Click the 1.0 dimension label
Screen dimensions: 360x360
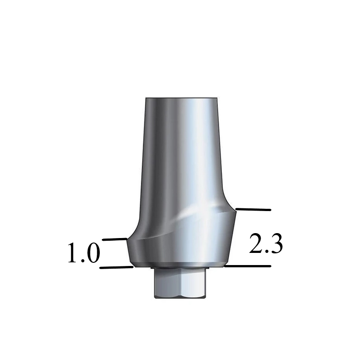(84, 253)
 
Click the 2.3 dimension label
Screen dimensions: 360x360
(265, 244)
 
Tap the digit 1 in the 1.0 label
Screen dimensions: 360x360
(73, 253)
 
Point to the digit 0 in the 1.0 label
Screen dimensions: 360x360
(92, 253)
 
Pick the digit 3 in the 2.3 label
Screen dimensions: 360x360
(276, 244)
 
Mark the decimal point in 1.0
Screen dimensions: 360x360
(82, 261)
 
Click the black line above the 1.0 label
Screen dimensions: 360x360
(115, 239)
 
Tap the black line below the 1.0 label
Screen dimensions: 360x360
(116, 268)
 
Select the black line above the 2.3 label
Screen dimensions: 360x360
(253, 210)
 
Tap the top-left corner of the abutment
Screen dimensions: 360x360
(145, 99)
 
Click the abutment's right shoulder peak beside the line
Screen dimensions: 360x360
(234, 210)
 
